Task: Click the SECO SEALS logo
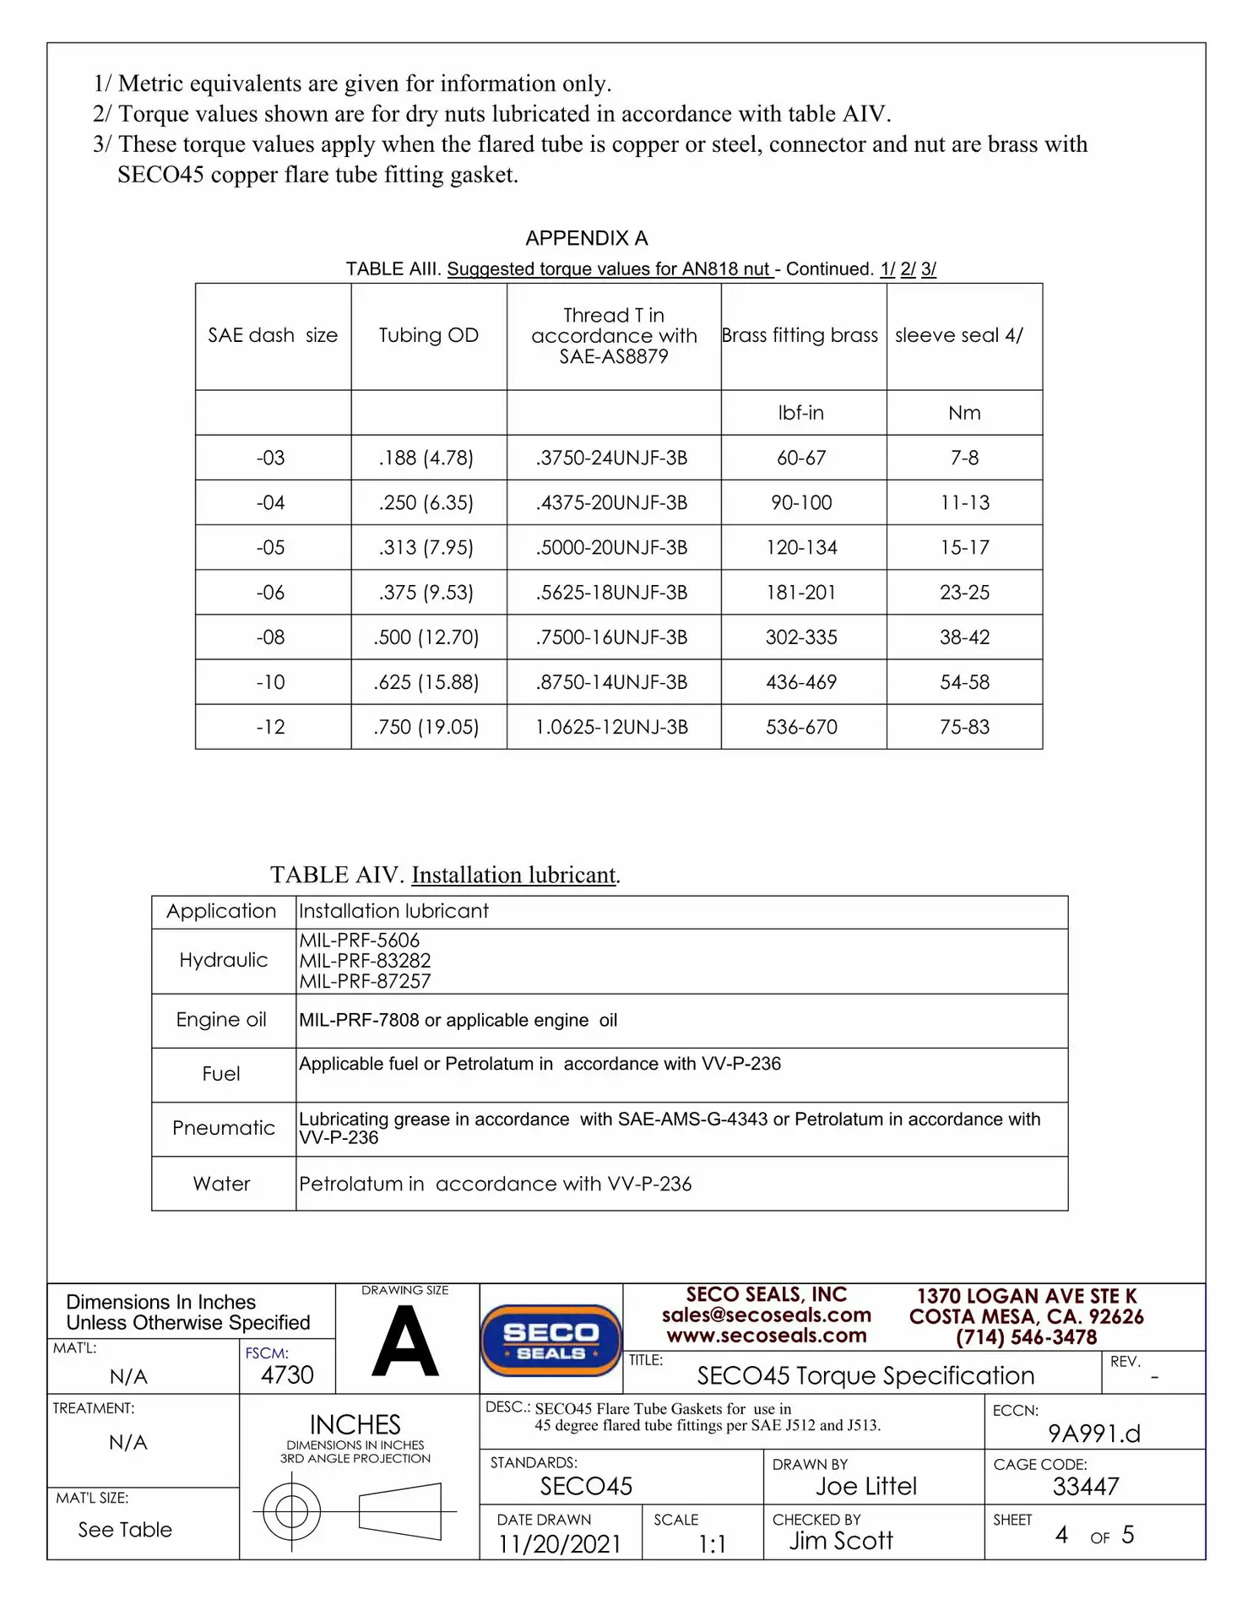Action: click(551, 1341)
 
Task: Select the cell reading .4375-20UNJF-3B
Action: click(611, 503)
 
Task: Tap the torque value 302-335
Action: click(801, 637)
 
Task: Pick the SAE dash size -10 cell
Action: click(271, 682)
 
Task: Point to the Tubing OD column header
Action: click(428, 335)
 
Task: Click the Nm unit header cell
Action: click(964, 413)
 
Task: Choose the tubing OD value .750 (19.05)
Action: click(426, 727)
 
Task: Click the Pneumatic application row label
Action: click(224, 1128)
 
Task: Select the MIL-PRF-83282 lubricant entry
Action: click(365, 961)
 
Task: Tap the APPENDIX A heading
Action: click(587, 238)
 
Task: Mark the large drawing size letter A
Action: click(405, 1342)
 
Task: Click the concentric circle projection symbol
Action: click(292, 1511)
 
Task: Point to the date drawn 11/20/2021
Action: click(559, 1544)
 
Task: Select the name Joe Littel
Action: click(866, 1487)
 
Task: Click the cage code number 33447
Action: click(1086, 1487)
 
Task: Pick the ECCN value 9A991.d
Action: click(1093, 1434)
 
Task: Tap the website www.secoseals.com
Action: click(766, 1336)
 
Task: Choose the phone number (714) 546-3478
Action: click(1026, 1337)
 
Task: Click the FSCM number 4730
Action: click(287, 1375)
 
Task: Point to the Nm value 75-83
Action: click(964, 727)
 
